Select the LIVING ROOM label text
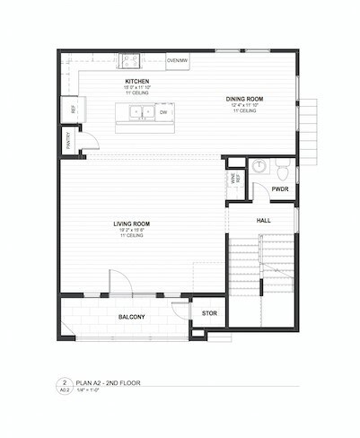coord(131,223)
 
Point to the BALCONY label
coord(132,318)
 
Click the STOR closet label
coord(209,313)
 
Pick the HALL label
coord(263,219)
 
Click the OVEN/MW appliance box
coord(178,60)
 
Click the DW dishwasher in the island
coord(163,113)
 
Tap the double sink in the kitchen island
coord(138,113)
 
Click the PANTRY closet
coord(68,141)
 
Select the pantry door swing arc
coord(89,140)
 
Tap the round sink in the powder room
coord(259,166)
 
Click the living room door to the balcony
coord(121,283)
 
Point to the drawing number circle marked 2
coord(65,382)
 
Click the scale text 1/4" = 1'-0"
coord(92,390)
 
